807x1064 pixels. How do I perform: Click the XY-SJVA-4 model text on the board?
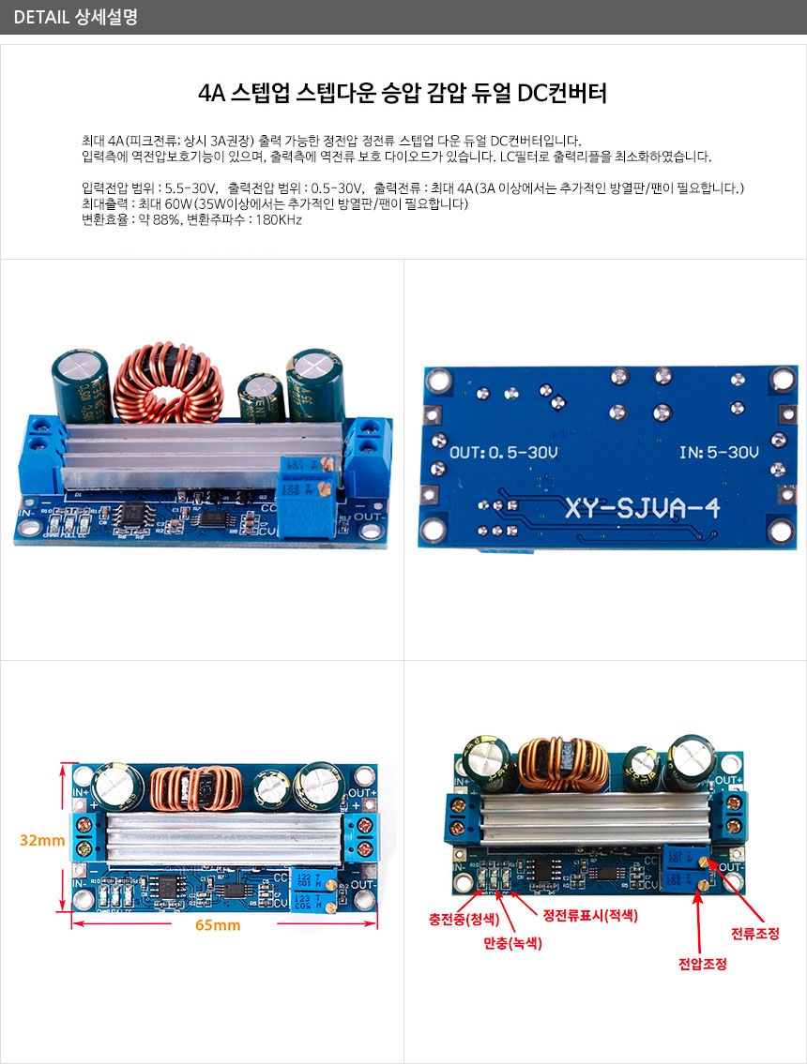pos(642,509)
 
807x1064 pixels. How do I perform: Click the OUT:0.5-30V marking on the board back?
pos(504,453)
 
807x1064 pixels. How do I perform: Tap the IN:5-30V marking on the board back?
pos(719,453)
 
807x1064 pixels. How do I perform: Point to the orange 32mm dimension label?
pos(42,841)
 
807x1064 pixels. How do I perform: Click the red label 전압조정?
pos(703,964)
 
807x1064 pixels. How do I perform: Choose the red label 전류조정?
pos(755,934)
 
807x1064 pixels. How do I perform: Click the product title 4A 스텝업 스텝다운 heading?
pos(403,94)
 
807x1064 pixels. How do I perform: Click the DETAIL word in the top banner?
pos(39,17)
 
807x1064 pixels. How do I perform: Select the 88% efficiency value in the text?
pos(164,220)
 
